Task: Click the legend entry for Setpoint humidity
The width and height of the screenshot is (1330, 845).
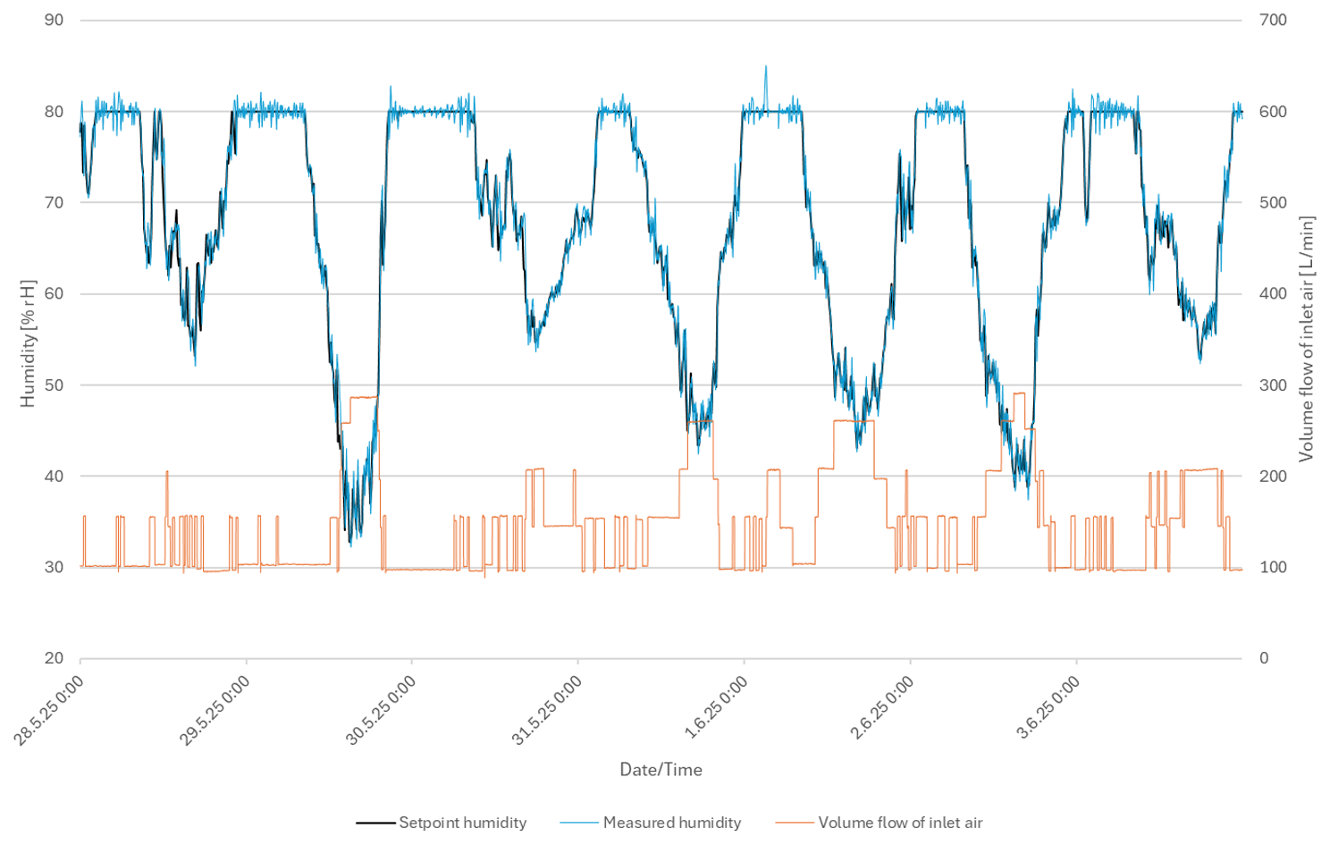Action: (x=461, y=823)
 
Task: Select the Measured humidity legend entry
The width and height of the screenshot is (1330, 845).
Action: (x=671, y=823)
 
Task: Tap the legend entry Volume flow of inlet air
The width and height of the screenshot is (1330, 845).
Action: (x=899, y=823)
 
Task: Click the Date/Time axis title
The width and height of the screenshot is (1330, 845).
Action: (x=661, y=770)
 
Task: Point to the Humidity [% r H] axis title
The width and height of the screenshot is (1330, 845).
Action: (x=29, y=344)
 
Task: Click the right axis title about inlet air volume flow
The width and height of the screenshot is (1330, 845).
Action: (x=1307, y=339)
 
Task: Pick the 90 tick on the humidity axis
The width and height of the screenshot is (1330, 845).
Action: (x=55, y=20)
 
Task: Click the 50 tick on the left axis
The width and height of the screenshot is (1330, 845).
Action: (x=55, y=385)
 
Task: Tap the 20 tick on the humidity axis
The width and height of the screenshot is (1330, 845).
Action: (x=55, y=658)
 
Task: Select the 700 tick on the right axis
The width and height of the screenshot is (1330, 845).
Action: (x=1273, y=20)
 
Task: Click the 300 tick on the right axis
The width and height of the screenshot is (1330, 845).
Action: (x=1273, y=385)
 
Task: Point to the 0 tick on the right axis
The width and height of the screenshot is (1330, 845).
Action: (x=1264, y=658)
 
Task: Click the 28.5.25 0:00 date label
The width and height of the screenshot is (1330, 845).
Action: (x=49, y=710)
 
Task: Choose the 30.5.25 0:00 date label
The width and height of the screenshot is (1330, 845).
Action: (x=381, y=710)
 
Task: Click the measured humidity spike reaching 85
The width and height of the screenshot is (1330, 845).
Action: (x=765, y=67)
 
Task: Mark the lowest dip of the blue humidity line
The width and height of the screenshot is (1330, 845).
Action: (x=350, y=544)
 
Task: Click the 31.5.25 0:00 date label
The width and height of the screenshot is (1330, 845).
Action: (x=547, y=710)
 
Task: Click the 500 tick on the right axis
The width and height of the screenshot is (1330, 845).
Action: (x=1273, y=203)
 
